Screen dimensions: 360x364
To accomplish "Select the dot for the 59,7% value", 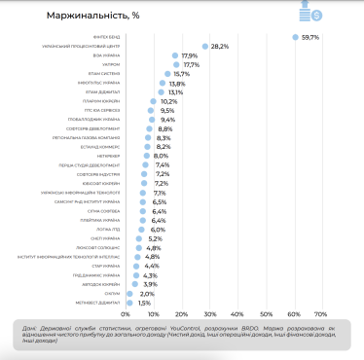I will (294, 37).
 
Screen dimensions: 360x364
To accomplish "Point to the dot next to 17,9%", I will (175, 55).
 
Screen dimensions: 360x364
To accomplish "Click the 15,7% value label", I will (182, 74).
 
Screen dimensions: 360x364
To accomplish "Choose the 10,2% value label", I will (168, 101).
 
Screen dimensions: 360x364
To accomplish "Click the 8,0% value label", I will (162, 156).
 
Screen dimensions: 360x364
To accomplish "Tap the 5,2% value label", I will (154, 238).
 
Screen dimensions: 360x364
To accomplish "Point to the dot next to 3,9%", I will (136, 284).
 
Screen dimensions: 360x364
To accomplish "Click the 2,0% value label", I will (147, 293).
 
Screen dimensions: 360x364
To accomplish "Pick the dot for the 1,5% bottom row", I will (129, 303).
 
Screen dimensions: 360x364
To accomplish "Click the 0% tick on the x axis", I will (126, 314).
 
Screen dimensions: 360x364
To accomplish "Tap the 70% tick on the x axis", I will (319, 314).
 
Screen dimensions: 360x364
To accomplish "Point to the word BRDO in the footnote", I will (256, 329).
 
